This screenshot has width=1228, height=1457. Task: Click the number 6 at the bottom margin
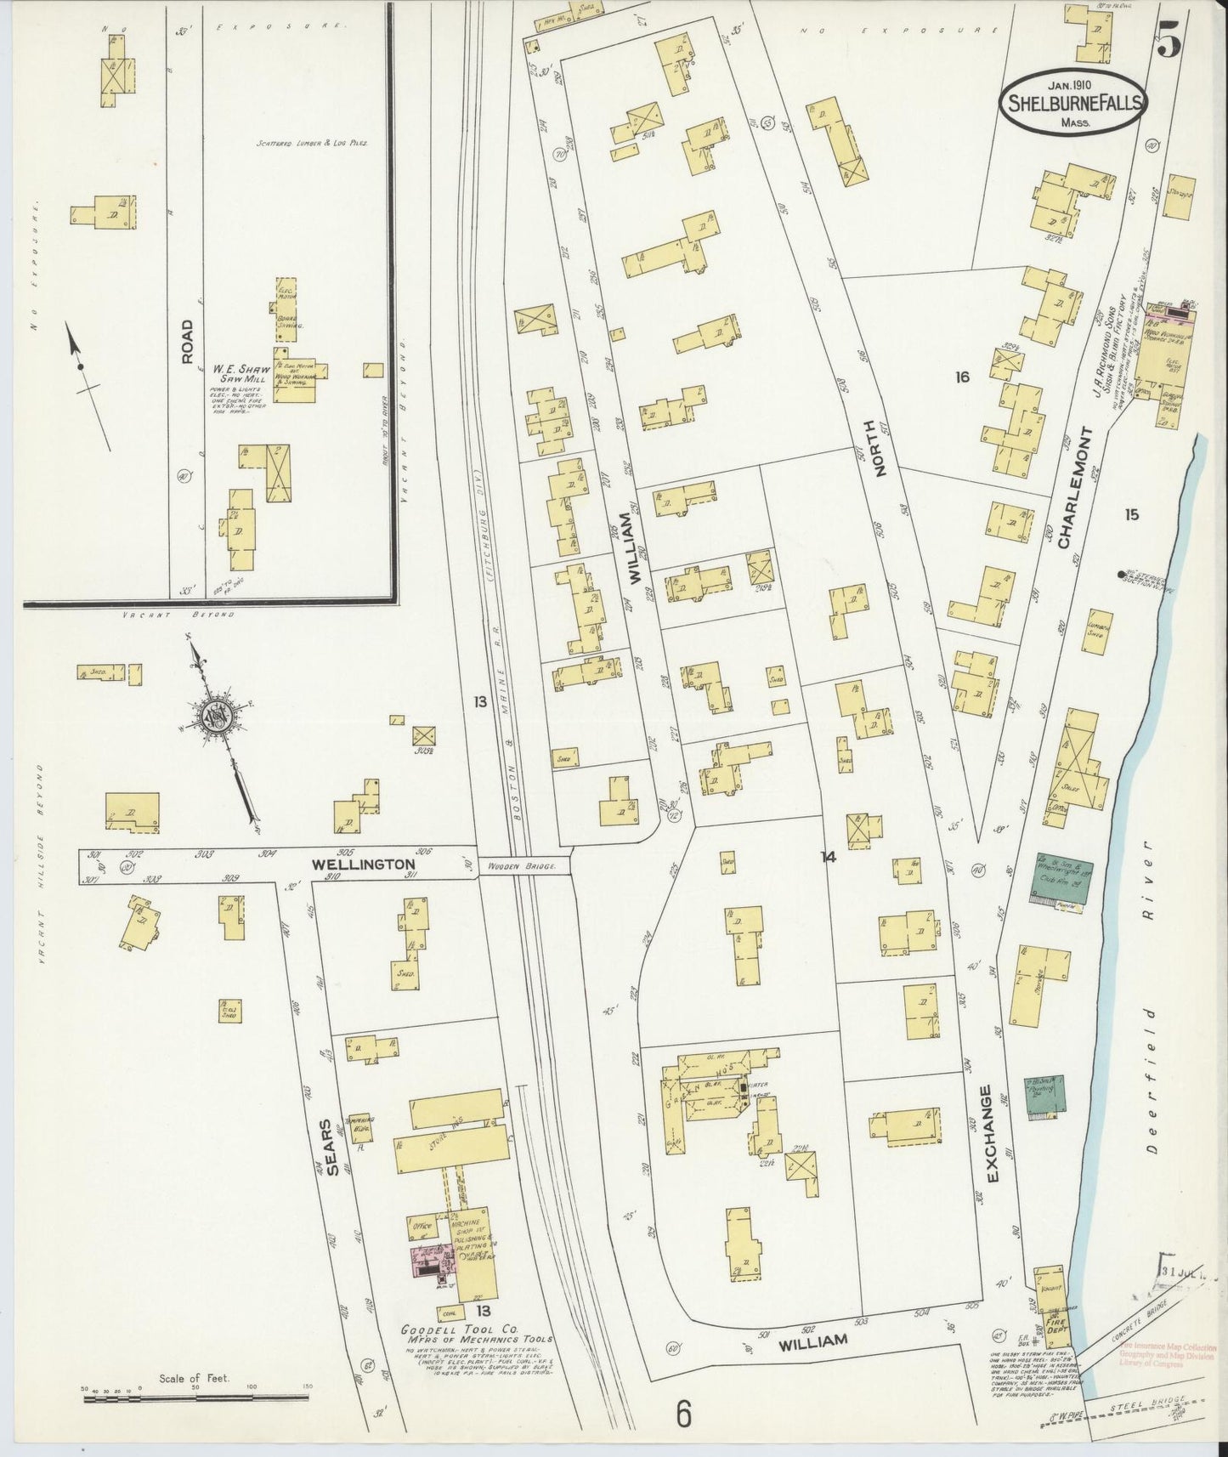point(683,1415)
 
